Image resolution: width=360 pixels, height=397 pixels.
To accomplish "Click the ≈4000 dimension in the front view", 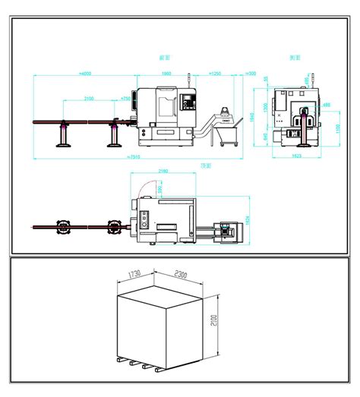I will [x=84, y=74].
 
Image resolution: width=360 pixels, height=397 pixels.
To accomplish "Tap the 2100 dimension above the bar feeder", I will [x=89, y=99].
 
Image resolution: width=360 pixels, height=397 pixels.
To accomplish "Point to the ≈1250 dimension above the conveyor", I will [x=215, y=74].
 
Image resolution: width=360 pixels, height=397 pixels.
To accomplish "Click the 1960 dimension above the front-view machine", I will [x=166, y=74].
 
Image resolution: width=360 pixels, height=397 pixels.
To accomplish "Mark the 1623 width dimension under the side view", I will [x=296, y=155].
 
